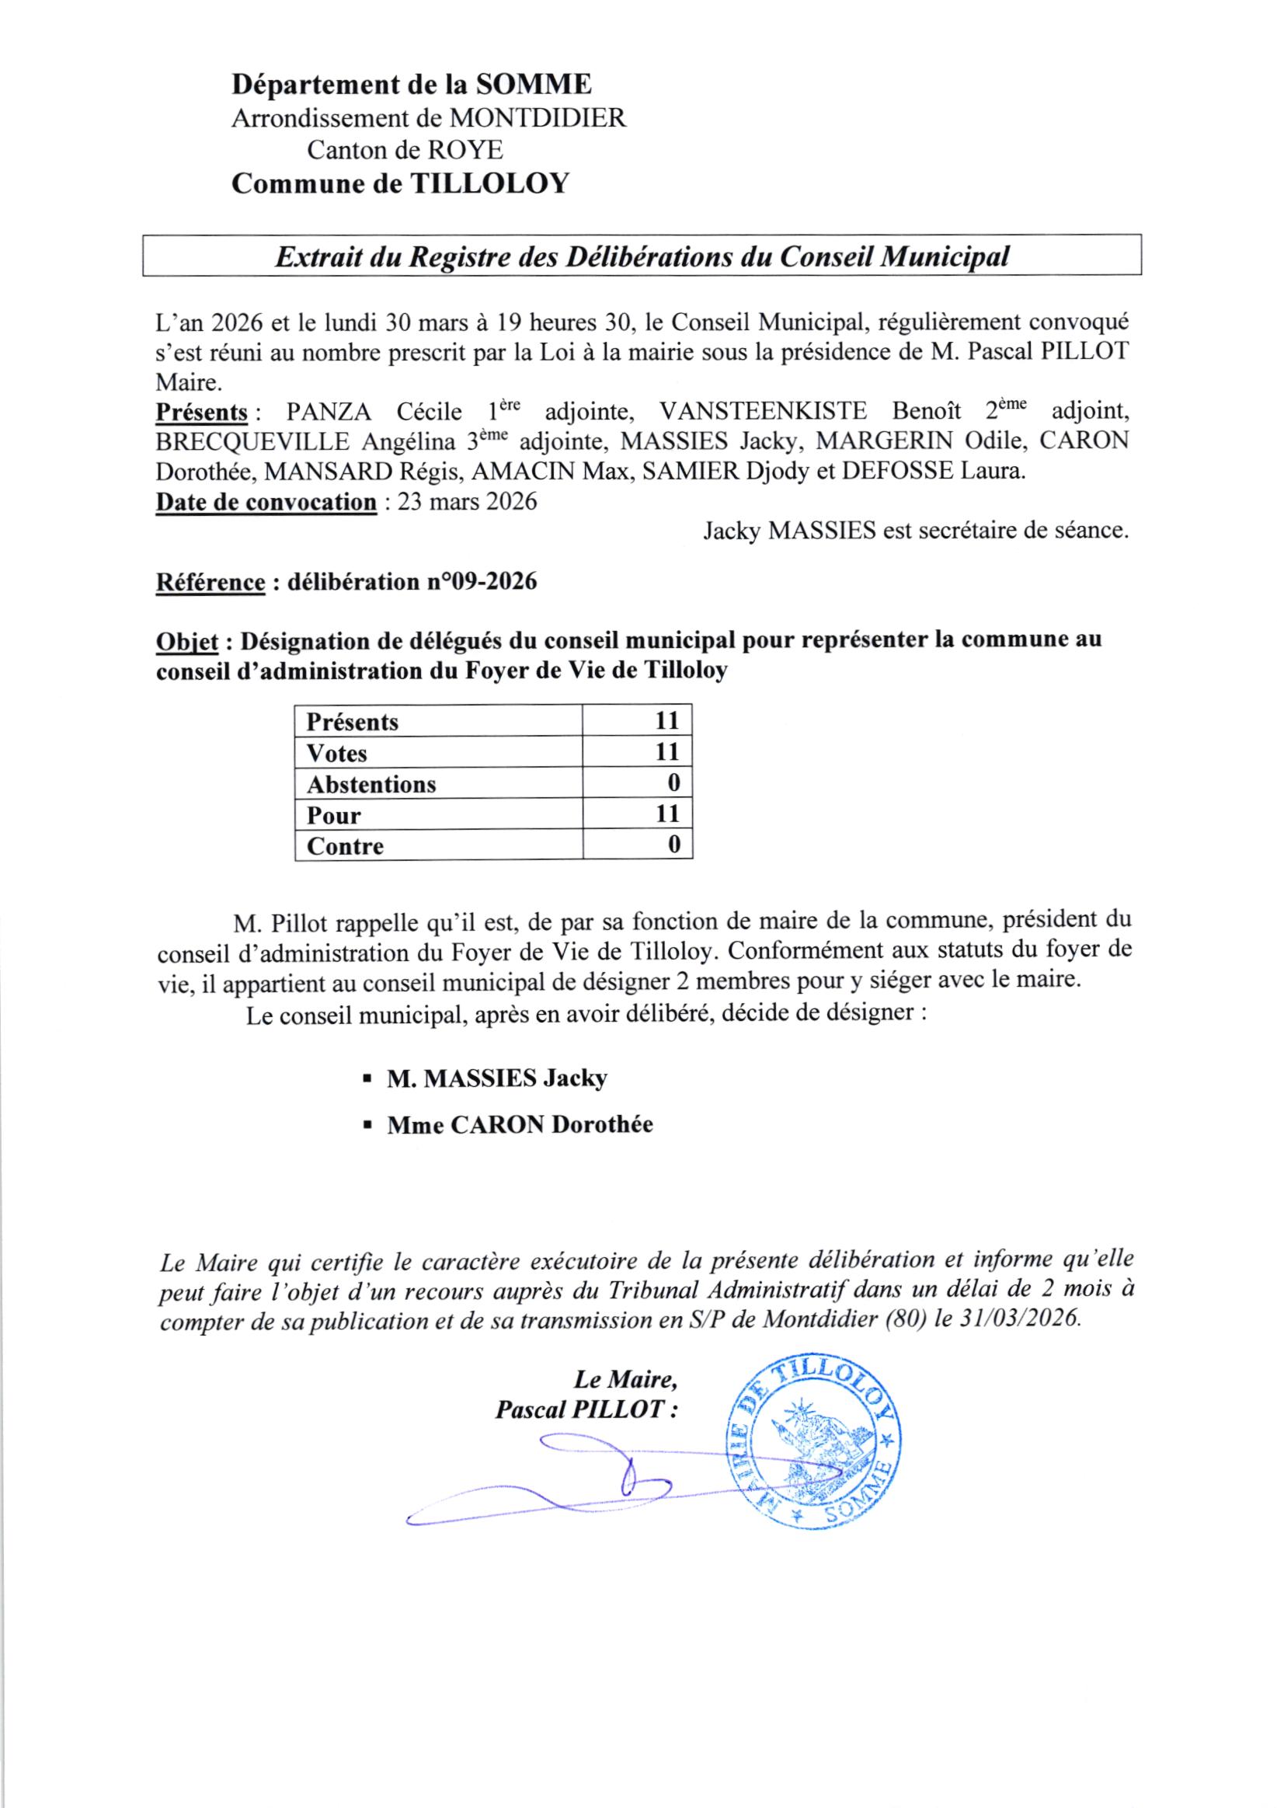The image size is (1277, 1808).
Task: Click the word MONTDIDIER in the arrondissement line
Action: [x=538, y=118]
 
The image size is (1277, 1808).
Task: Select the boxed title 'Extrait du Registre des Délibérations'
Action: [x=641, y=256]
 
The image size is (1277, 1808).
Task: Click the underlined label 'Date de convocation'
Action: [x=266, y=502]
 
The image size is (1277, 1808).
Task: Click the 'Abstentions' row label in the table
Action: [x=371, y=784]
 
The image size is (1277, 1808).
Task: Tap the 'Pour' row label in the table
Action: [x=334, y=815]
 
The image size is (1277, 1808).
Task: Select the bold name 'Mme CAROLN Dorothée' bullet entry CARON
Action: [x=520, y=1124]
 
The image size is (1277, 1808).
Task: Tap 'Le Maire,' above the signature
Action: [x=625, y=1379]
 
